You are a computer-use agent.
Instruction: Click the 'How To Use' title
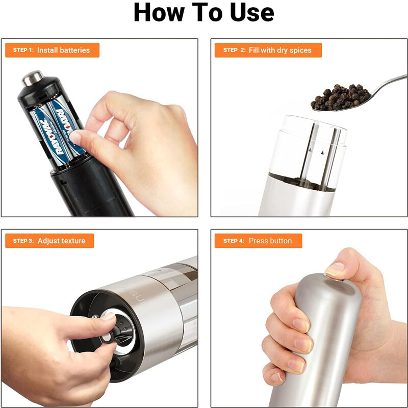pos(203,14)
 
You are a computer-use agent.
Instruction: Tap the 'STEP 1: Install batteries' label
pos(52,50)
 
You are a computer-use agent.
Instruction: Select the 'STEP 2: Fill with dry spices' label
pos(269,50)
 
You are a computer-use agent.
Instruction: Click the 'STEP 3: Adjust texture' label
pos(50,241)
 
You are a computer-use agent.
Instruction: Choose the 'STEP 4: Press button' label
pos(258,241)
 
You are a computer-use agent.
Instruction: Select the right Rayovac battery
pos(64,125)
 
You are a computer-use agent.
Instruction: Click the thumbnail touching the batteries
pos(76,137)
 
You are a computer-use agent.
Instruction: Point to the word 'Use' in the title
pos(250,14)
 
